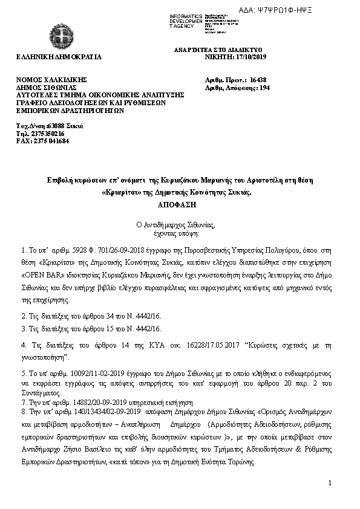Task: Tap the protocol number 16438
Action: [258, 80]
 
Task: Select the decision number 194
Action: [264, 87]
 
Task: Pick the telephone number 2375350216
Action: [45, 134]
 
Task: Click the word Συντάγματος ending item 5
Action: [37, 392]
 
